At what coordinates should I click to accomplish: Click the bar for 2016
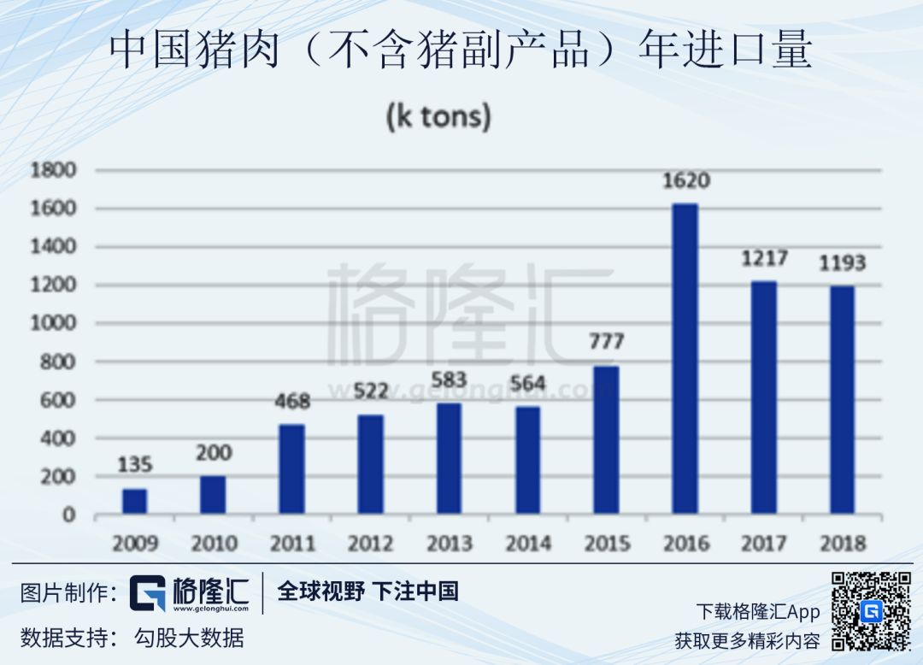pyautogui.click(x=685, y=359)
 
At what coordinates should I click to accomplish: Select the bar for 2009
pyautogui.click(x=134, y=502)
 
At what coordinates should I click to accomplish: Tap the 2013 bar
pyautogui.click(x=449, y=459)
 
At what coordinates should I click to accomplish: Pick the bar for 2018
pyautogui.click(x=842, y=400)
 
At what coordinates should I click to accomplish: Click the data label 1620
pyautogui.click(x=685, y=181)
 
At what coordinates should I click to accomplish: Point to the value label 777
pyautogui.click(x=606, y=342)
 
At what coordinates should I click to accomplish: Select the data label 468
pyautogui.click(x=291, y=401)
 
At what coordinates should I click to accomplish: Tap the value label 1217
pyautogui.click(x=764, y=257)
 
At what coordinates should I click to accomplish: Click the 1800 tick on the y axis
pyautogui.click(x=54, y=170)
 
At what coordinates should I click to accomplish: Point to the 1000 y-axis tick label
pyautogui.click(x=54, y=324)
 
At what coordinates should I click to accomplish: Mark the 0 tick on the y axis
pyautogui.click(x=69, y=515)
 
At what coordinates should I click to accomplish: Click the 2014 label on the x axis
pyautogui.click(x=527, y=544)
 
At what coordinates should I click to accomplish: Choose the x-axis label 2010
pyautogui.click(x=213, y=544)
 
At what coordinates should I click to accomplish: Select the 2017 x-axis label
pyautogui.click(x=764, y=544)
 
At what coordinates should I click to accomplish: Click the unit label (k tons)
pyautogui.click(x=438, y=116)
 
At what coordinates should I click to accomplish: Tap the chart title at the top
pyautogui.click(x=461, y=51)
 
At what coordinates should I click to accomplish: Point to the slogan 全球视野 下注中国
pyautogui.click(x=367, y=591)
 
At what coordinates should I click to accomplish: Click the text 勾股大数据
pyautogui.click(x=189, y=638)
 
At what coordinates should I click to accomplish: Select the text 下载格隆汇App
pyautogui.click(x=758, y=612)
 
